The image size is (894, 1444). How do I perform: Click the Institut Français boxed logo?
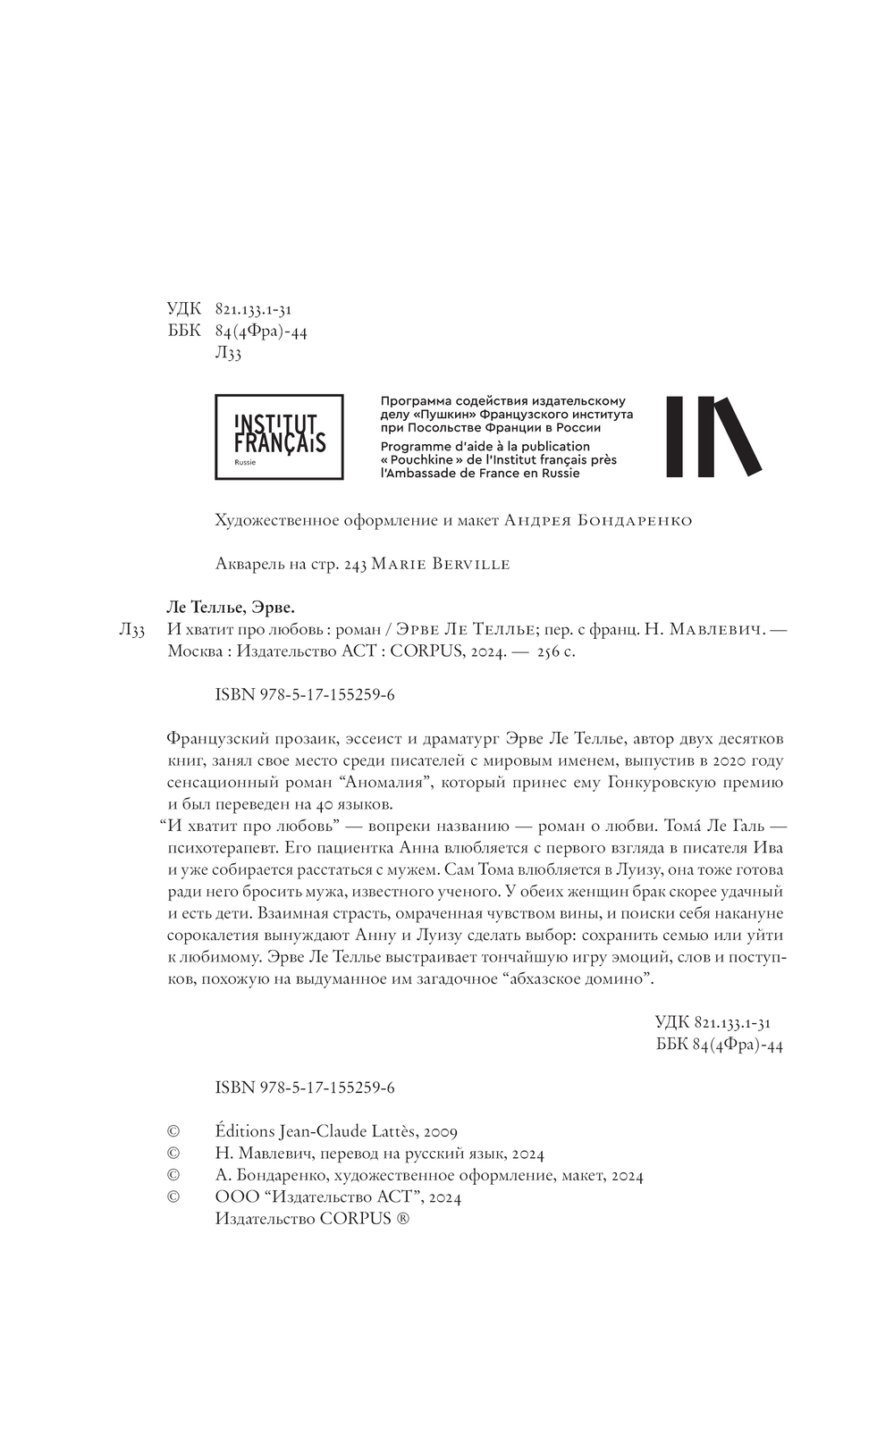pyautogui.click(x=279, y=436)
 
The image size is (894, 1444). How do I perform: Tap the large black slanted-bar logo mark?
pyautogui.click(x=713, y=436)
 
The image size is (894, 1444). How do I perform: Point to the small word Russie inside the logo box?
pyautogui.click(x=244, y=463)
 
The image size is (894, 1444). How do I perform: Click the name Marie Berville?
pyautogui.click(x=440, y=564)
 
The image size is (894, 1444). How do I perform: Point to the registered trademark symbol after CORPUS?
pyautogui.click(x=403, y=1220)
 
